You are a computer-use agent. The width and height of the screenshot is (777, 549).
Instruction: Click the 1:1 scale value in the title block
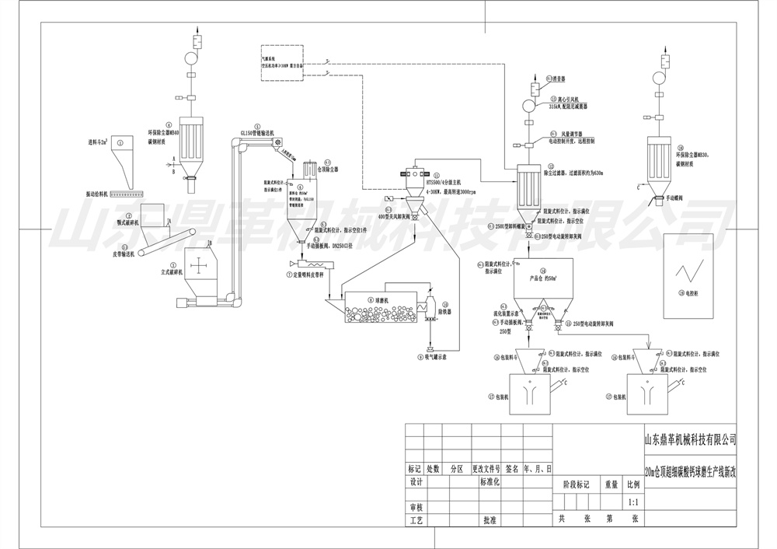[633, 502]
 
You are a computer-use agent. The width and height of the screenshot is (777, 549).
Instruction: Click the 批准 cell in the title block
[489, 519]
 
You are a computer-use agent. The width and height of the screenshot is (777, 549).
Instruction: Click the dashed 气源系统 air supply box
[281, 63]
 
